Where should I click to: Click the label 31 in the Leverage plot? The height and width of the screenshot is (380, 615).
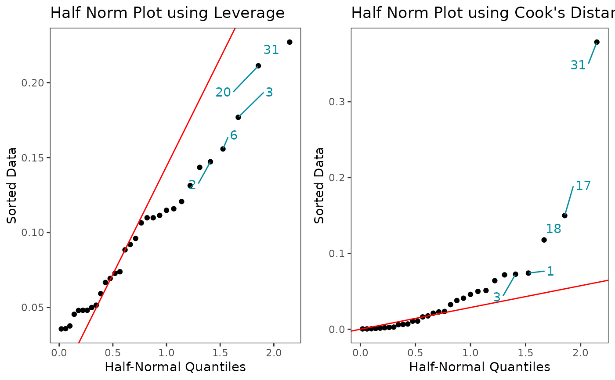point(271,50)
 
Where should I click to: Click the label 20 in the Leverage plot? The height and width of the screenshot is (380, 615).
point(223,93)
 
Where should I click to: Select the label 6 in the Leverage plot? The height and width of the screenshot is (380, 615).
point(234,136)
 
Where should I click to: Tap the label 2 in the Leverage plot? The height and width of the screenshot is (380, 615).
point(192,185)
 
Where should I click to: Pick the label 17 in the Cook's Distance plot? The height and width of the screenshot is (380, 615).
point(583,186)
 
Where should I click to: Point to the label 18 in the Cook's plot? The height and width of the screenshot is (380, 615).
point(553,229)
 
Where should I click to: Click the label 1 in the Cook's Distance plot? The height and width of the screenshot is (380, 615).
point(550,272)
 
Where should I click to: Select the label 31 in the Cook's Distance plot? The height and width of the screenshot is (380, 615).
point(578,65)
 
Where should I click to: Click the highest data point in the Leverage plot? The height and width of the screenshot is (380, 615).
point(289,42)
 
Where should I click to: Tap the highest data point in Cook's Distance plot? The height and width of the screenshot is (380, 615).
point(597,42)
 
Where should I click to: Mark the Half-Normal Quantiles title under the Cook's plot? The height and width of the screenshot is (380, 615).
point(480,367)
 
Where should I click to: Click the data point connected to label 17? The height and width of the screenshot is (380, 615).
point(564,215)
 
